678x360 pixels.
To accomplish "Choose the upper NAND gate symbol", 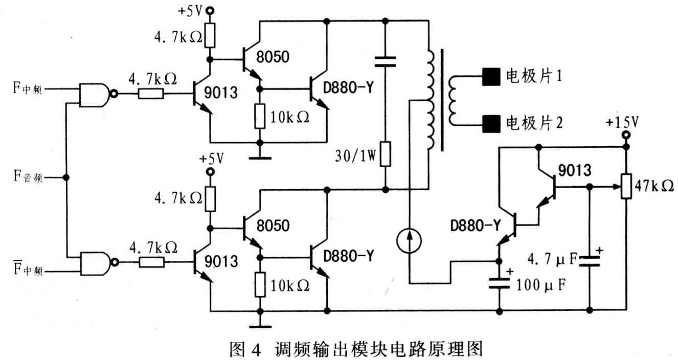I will (94, 95).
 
